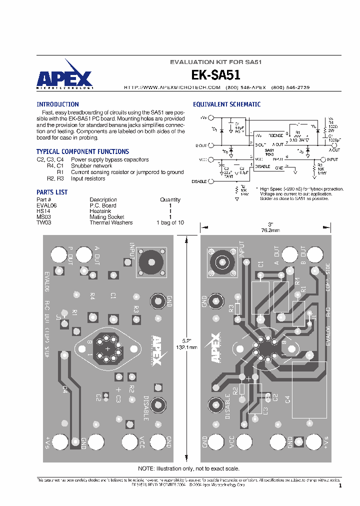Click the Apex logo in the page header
[x=64, y=76]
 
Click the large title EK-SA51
[x=215, y=75]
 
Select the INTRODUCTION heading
[x=57, y=104]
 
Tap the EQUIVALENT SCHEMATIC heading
[x=226, y=104]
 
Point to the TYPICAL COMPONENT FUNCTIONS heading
[x=82, y=151]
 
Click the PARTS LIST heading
[x=52, y=192]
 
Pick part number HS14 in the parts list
[x=43, y=211]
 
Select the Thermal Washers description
[x=111, y=223]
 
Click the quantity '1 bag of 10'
[x=170, y=223]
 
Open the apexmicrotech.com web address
[x=165, y=87]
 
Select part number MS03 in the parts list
[x=43, y=217]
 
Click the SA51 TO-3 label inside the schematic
[x=269, y=152]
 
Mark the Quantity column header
[x=170, y=199]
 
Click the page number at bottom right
[x=340, y=485]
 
